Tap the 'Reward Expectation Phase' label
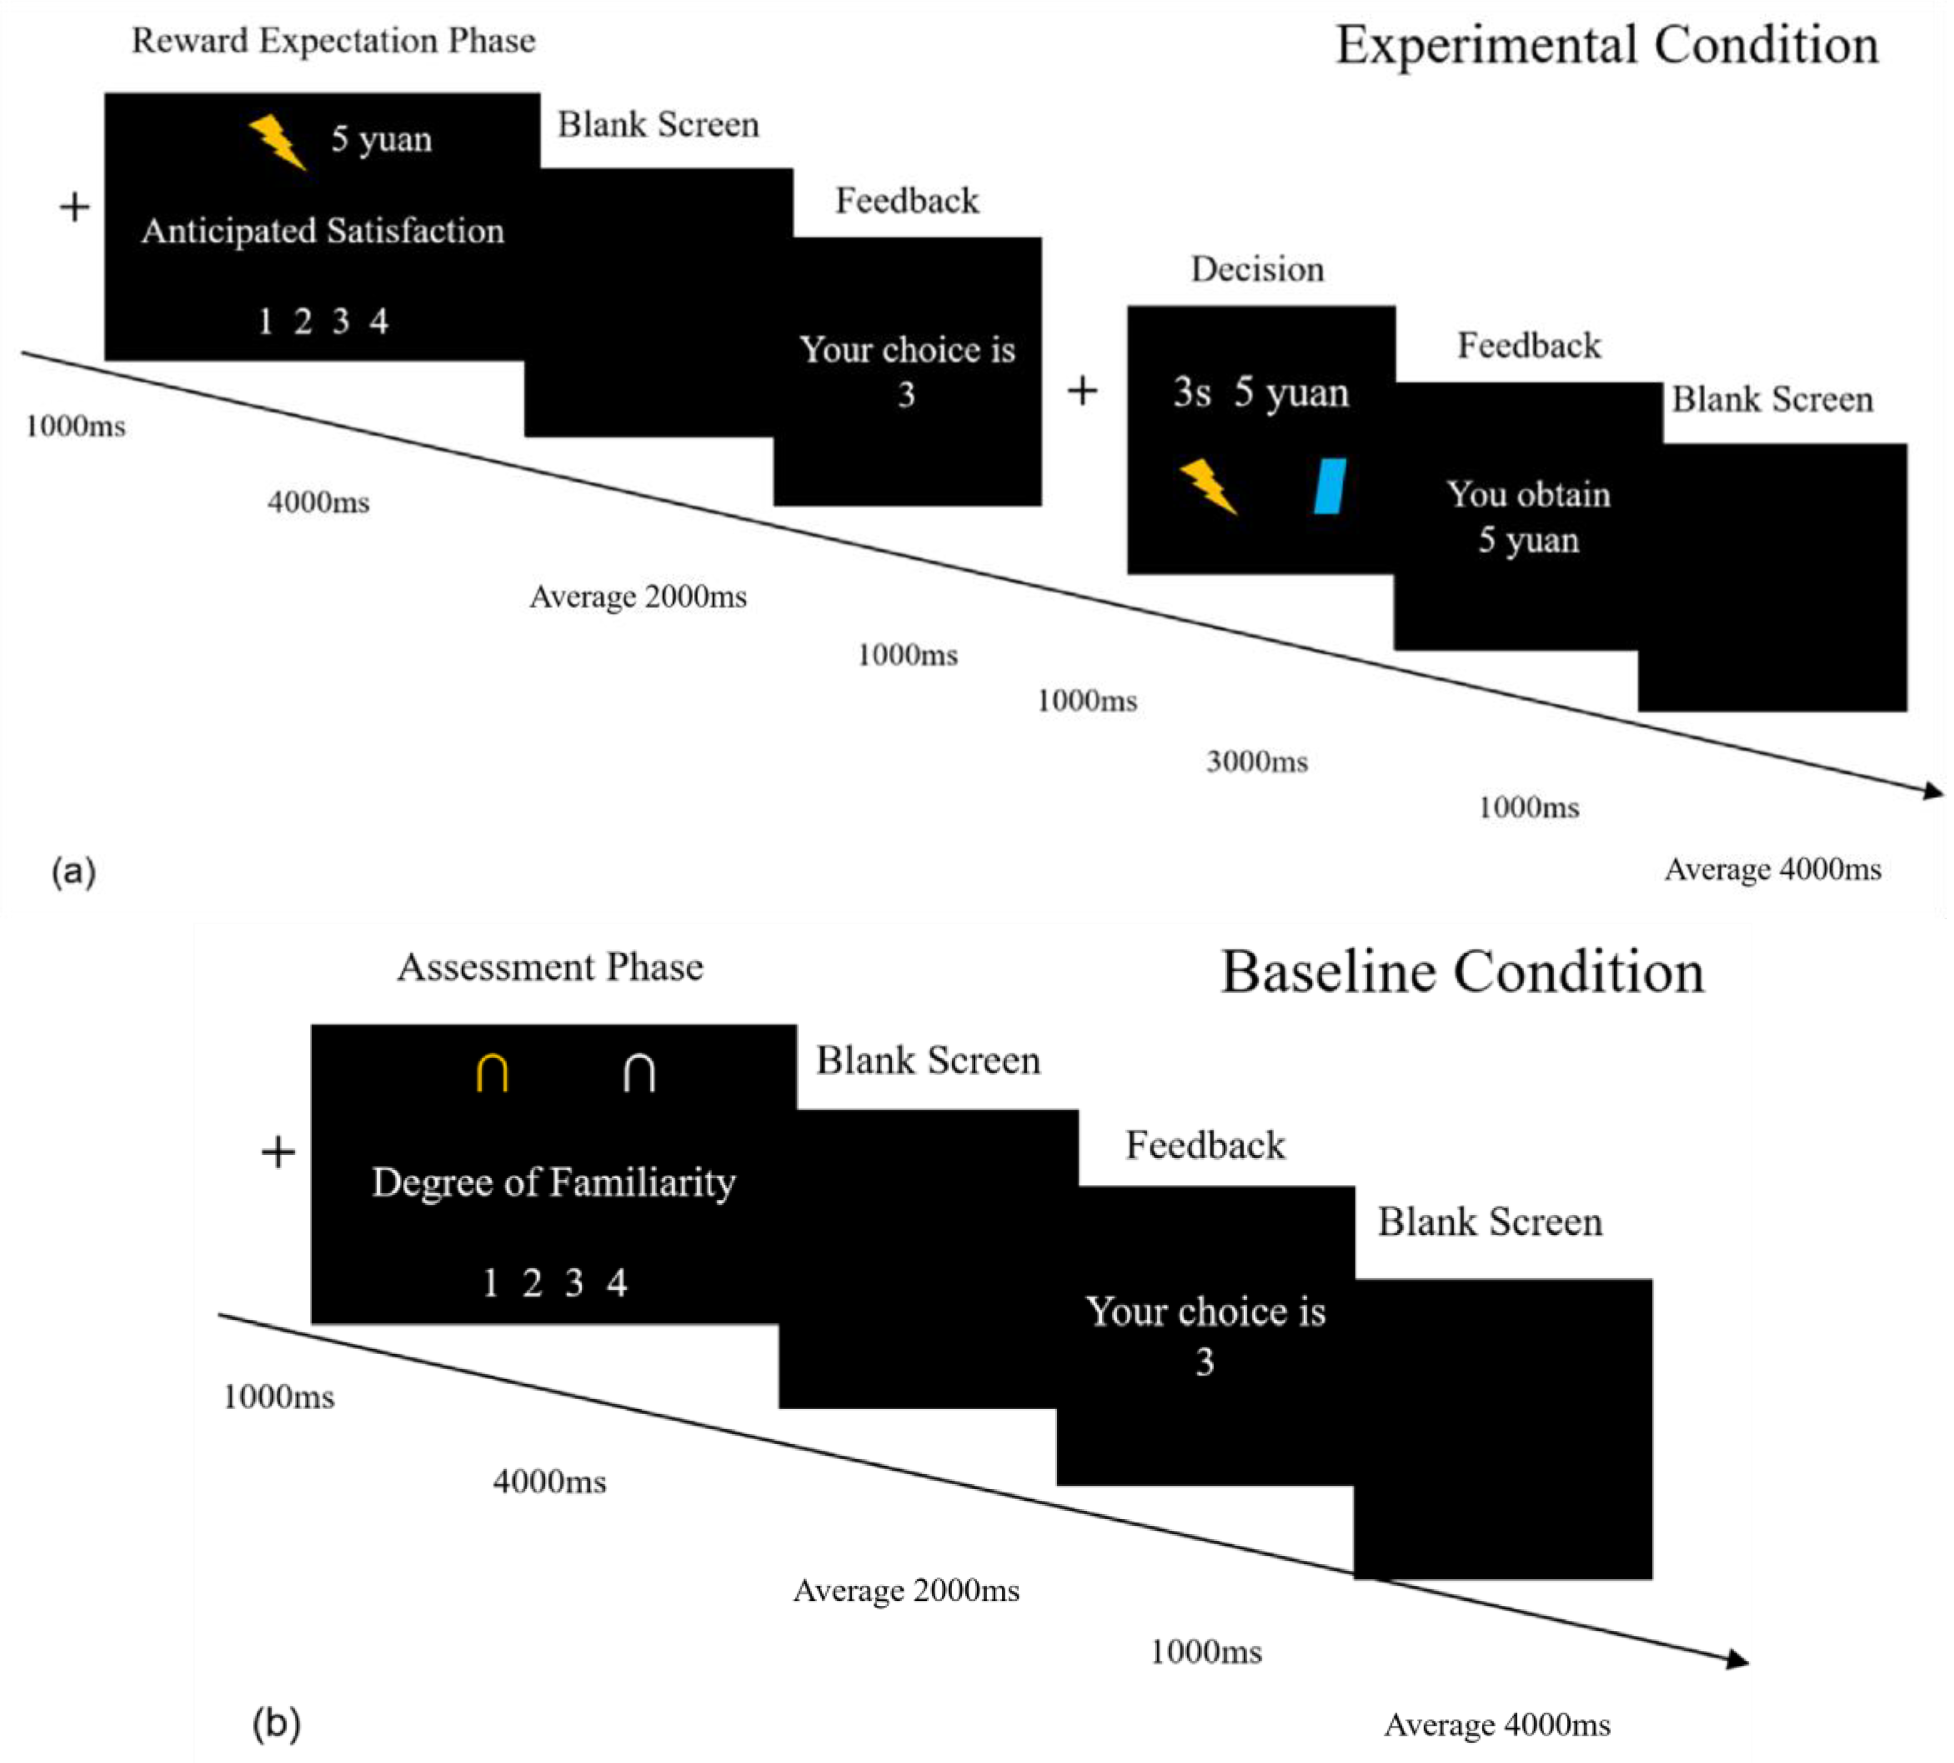333,41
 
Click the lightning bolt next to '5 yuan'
278,142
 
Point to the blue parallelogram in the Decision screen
1329,485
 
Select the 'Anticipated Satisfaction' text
323,231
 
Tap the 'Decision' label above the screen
1256,269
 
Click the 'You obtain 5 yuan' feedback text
1528,517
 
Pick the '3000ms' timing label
1256,762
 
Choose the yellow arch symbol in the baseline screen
492,1073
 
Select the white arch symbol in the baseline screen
638,1073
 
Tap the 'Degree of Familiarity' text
553,1183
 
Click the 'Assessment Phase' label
550,966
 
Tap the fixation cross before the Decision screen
1082,392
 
